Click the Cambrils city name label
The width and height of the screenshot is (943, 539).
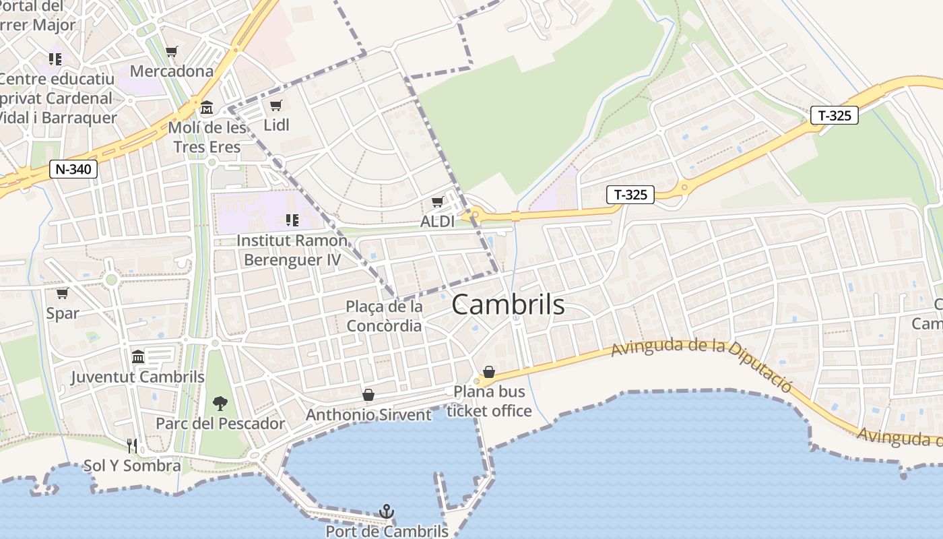point(508,305)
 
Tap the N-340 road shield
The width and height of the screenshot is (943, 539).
point(73,169)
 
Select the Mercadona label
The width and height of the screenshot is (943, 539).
point(171,71)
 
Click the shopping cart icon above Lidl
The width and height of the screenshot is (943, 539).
point(275,105)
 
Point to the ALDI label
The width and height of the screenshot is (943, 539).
point(437,221)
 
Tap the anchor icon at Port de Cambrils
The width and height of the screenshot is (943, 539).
point(387,511)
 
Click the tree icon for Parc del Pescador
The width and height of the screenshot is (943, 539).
point(220,404)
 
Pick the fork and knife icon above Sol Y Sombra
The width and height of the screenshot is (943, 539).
point(132,445)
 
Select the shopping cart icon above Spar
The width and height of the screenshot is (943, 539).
point(62,294)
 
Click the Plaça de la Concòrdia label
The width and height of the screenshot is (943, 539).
point(384,316)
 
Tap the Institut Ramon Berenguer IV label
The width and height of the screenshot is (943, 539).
point(292,250)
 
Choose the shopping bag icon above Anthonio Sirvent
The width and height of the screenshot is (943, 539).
point(368,395)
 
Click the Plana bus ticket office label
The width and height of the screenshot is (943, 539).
point(489,401)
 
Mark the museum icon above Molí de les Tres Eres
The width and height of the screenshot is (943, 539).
point(207,107)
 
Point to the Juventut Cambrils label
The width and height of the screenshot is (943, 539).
point(137,377)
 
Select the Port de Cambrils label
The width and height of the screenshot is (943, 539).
point(387,531)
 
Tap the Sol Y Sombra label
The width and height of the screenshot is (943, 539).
point(132,466)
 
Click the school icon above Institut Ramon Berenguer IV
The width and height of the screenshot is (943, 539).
point(292,220)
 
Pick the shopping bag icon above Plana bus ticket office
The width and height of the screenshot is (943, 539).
point(489,372)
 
